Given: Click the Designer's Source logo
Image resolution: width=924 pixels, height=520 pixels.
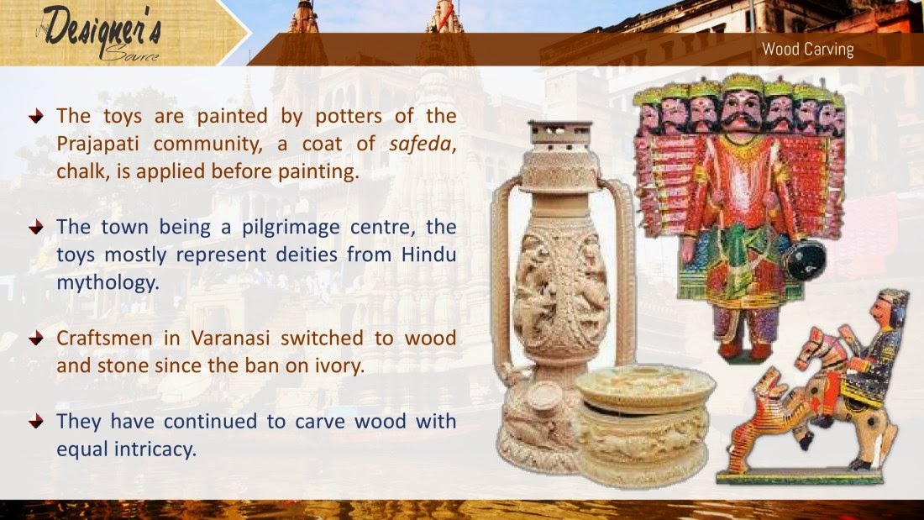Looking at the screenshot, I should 99,34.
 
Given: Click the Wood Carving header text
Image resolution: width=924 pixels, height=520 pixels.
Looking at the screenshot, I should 807,50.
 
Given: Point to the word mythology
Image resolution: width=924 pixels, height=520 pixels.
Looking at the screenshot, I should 108,282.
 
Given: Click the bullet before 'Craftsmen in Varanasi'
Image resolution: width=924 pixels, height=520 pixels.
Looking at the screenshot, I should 34,339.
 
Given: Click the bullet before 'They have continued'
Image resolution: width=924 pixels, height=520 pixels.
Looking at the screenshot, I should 34,422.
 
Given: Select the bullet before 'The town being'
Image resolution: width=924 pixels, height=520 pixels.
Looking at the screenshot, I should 34,228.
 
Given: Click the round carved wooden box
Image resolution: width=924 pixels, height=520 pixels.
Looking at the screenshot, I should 644,424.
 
